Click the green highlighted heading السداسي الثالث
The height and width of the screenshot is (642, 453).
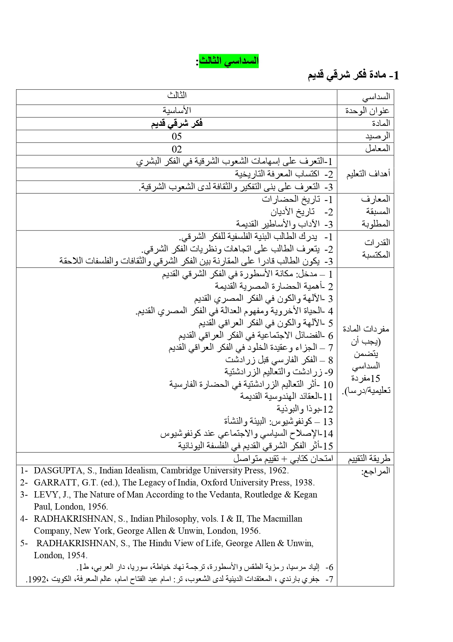[229, 61]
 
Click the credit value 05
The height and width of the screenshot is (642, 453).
[177, 136]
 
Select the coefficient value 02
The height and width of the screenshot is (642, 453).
[177, 149]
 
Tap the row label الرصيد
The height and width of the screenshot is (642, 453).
[378, 136]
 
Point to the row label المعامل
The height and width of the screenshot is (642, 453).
[377, 148]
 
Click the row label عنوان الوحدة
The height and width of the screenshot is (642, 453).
[368, 110]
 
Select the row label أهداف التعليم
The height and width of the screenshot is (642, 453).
[368, 174]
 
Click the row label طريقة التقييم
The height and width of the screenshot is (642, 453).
[369, 458]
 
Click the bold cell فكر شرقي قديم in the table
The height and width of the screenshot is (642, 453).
[177, 123]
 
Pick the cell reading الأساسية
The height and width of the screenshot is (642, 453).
[177, 110]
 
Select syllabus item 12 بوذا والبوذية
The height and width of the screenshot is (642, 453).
[305, 409]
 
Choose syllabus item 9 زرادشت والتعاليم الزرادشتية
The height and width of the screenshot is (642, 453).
[279, 372]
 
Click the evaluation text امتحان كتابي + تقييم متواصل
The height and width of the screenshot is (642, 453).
[283, 458]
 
